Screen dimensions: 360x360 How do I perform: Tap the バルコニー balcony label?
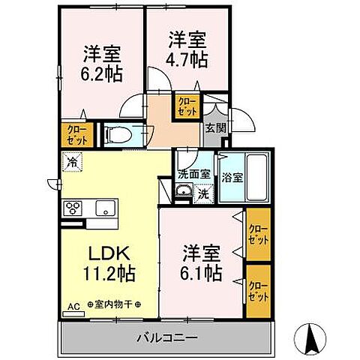(166, 338)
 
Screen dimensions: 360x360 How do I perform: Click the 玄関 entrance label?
(216, 127)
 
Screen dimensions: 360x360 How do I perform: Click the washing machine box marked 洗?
(202, 193)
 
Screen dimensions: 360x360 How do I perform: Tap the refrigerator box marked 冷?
(73, 160)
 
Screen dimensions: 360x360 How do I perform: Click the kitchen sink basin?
(104, 208)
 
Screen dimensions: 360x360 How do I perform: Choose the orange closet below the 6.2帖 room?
(76, 135)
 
